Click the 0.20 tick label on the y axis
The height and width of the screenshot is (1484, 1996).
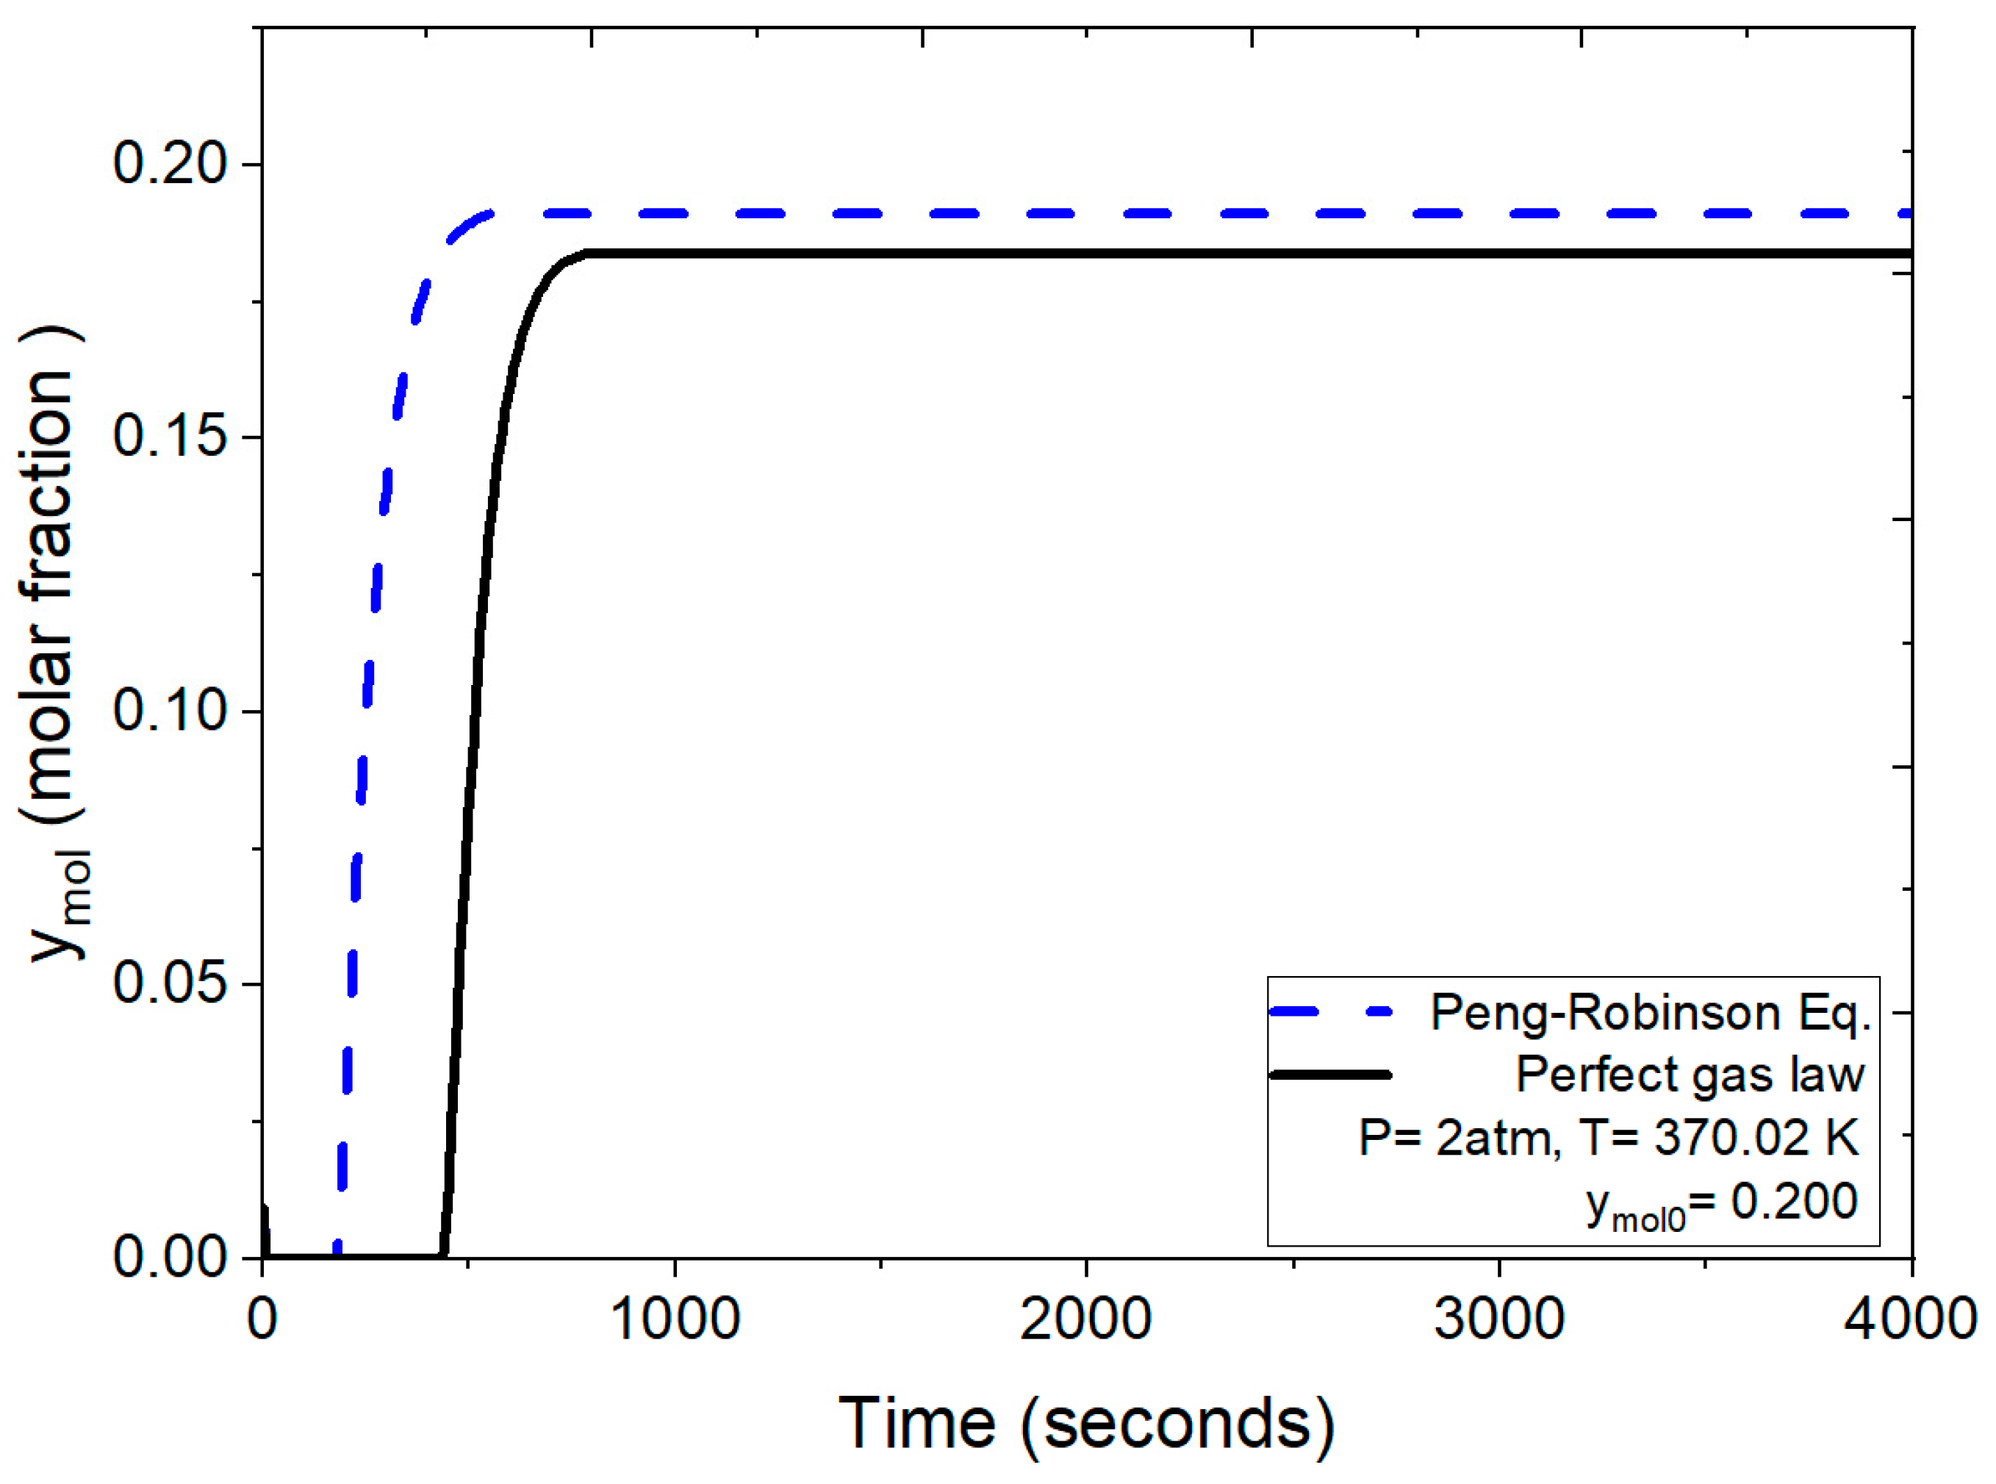point(171,165)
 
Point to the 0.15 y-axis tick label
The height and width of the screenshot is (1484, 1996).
point(171,438)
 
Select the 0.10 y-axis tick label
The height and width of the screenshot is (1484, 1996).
point(171,711)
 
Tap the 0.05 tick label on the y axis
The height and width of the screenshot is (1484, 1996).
point(171,984)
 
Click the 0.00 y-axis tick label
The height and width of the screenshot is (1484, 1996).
point(171,1258)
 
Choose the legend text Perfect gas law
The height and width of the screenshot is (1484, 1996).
point(1690,1075)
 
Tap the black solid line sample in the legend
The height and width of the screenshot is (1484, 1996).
point(1330,1075)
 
